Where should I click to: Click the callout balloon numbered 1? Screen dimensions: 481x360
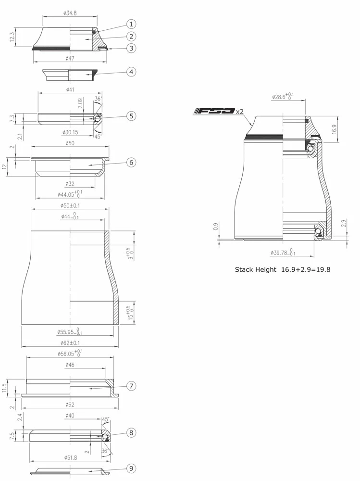point(131,24)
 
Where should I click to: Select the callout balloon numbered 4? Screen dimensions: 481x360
point(131,72)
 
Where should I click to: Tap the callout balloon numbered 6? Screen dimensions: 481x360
point(131,162)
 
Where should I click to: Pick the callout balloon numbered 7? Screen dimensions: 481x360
point(131,386)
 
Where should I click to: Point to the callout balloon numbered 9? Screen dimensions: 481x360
point(131,468)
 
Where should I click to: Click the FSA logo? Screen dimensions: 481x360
point(214,111)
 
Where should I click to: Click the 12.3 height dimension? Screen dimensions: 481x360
point(12,37)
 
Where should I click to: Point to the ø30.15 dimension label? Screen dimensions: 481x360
point(70,132)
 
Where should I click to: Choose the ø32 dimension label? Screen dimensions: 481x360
point(70,184)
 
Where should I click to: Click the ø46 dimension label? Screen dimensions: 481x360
point(70,366)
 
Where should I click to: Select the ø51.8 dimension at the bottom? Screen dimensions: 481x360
point(70,457)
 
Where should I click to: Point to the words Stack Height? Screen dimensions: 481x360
point(255,270)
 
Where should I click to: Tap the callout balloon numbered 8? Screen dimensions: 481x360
point(131,432)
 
